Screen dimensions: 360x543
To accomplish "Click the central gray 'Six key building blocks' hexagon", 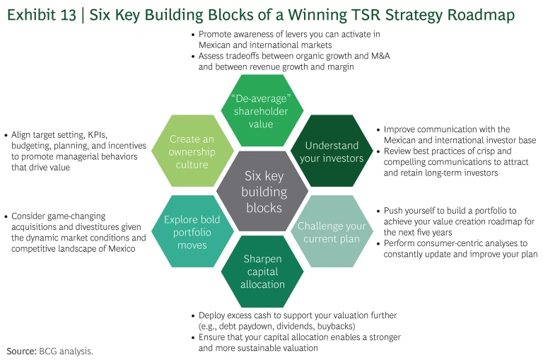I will pos(265,192).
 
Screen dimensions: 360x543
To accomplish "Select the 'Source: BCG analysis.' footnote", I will pos(49,351).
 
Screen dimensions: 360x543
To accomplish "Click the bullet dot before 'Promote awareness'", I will pos(194,34).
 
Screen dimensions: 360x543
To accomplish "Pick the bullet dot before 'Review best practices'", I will pos(379,151).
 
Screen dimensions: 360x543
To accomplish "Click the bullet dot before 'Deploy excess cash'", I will pos(193,315).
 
